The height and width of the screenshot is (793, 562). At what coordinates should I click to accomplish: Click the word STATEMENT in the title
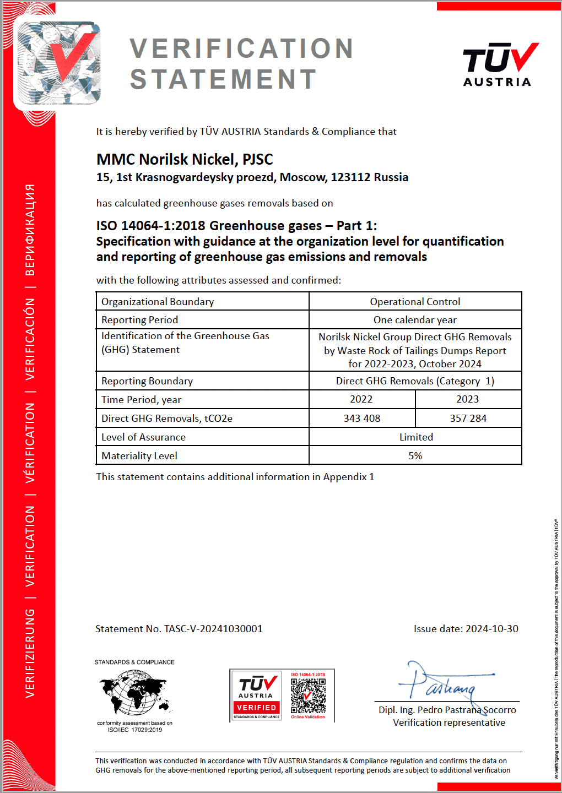223,79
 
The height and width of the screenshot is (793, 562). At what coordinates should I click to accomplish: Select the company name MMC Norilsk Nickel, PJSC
185,160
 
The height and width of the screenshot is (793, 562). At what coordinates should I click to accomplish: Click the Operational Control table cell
415,302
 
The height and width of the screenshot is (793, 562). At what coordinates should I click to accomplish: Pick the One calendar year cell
415,320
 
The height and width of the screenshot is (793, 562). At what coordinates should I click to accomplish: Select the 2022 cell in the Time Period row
361,399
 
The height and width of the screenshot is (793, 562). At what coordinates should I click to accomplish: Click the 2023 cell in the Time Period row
467,399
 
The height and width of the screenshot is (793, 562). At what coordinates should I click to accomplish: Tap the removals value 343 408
362,419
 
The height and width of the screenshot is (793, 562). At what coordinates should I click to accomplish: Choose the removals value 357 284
468,419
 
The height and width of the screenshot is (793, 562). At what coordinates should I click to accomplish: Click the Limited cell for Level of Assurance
416,437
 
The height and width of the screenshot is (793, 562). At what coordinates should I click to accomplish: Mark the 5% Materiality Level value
415,456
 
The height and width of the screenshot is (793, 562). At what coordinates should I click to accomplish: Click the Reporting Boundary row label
147,381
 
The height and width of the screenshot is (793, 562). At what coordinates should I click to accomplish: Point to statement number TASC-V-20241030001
213,629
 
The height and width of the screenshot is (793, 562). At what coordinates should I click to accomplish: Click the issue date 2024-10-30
492,629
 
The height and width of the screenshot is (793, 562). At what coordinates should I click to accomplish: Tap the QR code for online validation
308,695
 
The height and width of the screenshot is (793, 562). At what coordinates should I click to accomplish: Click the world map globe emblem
134,692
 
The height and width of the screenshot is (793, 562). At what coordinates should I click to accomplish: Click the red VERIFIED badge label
256,708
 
